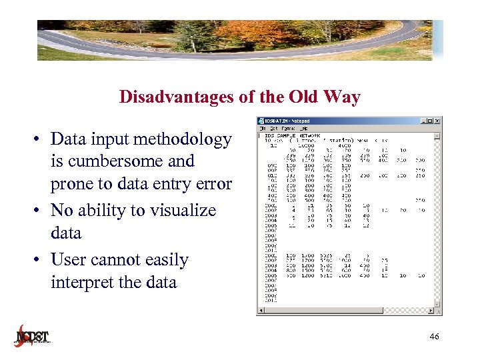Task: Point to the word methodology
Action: [182, 139]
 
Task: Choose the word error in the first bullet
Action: [210, 184]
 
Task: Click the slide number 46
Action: [434, 337]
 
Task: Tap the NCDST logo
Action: [33, 335]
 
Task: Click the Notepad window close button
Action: [437, 121]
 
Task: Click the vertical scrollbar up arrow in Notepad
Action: [437, 135]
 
